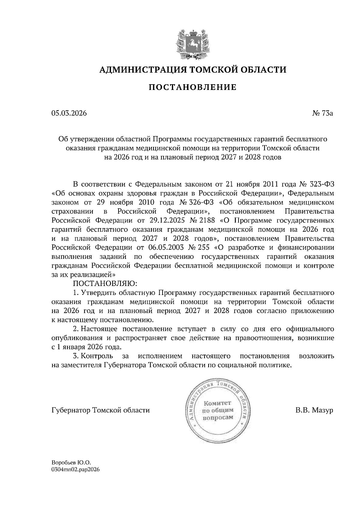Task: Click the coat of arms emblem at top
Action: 192,43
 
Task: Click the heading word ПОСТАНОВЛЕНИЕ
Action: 193,87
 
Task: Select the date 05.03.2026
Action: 69,113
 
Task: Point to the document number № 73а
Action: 323,113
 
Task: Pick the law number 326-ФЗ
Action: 203,202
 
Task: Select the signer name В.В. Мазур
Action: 314,410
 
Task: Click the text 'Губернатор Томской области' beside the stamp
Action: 100,410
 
